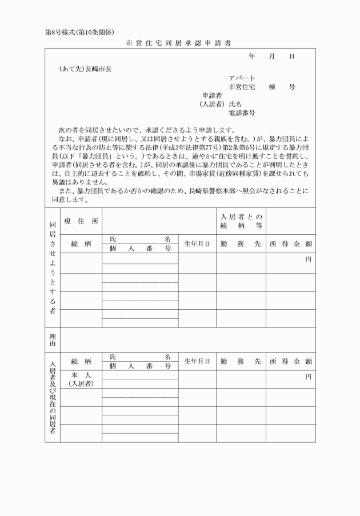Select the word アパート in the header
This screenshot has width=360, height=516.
[x=242, y=78]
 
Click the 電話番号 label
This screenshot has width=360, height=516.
[x=242, y=113]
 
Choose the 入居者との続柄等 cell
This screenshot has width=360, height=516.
[x=241, y=221]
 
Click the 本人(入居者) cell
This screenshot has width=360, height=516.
[x=81, y=379]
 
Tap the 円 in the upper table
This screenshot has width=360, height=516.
[x=308, y=259]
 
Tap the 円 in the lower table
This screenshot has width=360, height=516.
[x=308, y=377]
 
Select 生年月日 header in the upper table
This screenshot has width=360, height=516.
[x=197, y=243]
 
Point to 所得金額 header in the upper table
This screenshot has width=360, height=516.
[x=290, y=243]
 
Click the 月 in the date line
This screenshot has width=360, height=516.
[x=272, y=57]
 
